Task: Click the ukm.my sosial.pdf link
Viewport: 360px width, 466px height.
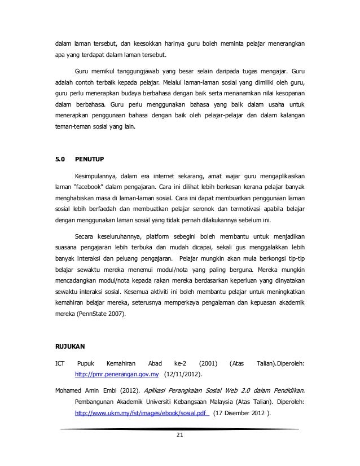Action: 142,414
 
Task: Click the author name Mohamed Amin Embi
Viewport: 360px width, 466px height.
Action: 81,389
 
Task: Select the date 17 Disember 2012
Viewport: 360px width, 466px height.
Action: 240,414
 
